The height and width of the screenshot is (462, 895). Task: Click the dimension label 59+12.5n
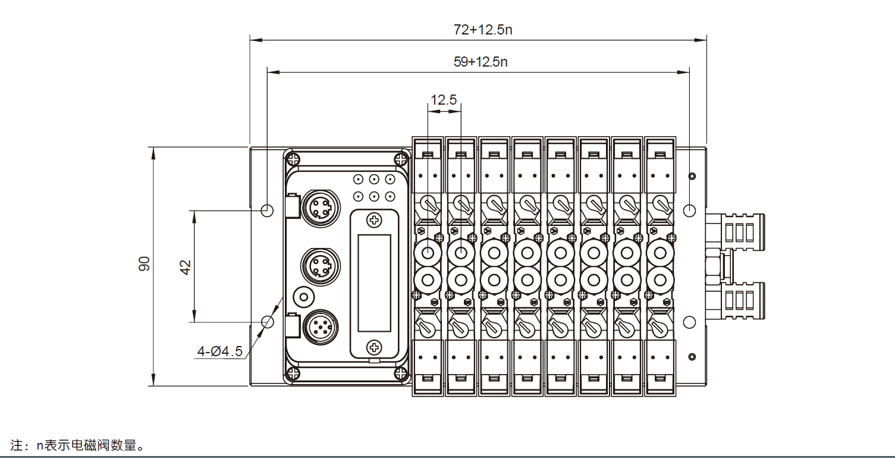(480, 62)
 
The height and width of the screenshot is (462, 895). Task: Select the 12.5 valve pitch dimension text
(444, 100)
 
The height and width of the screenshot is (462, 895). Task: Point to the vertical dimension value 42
(186, 267)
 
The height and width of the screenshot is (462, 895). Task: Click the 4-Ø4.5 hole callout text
(220, 351)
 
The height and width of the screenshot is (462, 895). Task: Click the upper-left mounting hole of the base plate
(268, 210)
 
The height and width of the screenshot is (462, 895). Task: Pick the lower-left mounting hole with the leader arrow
(268, 322)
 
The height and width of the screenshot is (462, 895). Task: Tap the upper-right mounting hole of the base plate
(689, 210)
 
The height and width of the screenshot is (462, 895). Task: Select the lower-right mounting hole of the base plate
(689, 322)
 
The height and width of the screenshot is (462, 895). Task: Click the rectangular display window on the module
(374, 283)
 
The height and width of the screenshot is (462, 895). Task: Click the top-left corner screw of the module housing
(293, 159)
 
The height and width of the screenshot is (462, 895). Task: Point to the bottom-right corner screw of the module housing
(401, 373)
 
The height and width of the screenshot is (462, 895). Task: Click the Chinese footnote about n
(78, 445)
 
